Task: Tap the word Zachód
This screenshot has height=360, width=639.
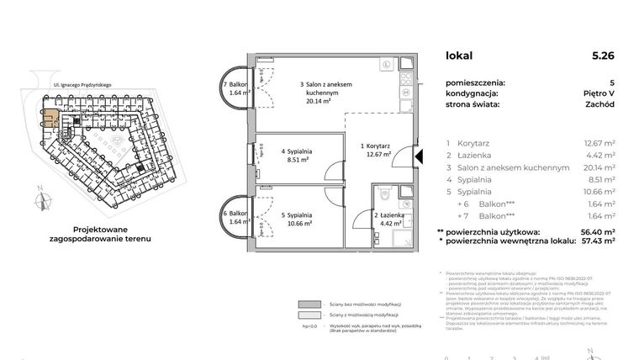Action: [x=599, y=105]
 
